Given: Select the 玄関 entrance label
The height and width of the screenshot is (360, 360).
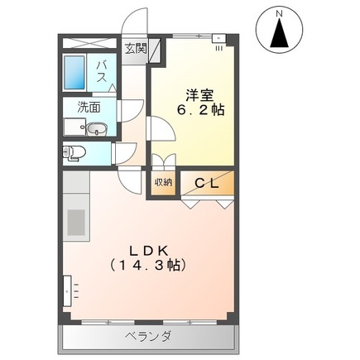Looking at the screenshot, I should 136,48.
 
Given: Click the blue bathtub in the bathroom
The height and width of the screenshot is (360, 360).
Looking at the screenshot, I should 75,74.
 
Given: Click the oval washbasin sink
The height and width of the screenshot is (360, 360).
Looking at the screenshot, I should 96,129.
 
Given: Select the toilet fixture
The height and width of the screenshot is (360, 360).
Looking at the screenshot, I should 74,151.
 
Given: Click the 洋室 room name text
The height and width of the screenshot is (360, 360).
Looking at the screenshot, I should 195,94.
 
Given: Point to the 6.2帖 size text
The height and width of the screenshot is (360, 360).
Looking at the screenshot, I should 198,110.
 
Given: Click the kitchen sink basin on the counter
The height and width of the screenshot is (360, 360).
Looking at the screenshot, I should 77,222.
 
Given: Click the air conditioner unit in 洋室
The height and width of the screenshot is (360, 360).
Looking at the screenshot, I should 218,37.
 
